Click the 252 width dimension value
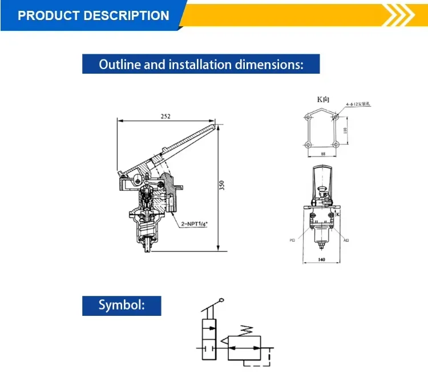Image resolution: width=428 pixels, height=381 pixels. (x=165, y=116)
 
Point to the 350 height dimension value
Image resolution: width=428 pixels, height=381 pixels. (x=222, y=186)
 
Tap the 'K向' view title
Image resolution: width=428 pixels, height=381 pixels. (x=324, y=99)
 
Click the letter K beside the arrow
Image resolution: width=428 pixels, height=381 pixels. (x=338, y=214)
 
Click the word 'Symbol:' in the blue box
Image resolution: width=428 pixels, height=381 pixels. (x=122, y=306)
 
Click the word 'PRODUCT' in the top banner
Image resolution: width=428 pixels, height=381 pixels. (x=50, y=15)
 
